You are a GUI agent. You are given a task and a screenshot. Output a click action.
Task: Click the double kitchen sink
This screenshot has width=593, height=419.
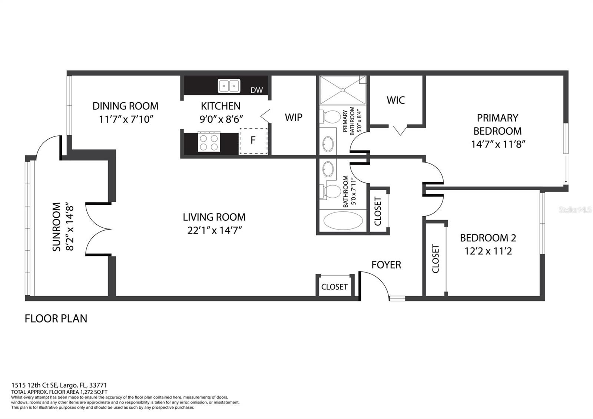229,86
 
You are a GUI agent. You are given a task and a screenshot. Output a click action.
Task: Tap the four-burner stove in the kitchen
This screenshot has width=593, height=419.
209,142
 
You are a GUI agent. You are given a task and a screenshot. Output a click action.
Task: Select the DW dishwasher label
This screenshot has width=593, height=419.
256,90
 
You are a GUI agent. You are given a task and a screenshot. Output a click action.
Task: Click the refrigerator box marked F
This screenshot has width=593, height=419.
254,141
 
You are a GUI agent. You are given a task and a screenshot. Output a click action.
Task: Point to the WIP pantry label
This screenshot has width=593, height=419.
294,117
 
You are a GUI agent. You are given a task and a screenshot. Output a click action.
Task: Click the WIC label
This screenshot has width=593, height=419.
395,100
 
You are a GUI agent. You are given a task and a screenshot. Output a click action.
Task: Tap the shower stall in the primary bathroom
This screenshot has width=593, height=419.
343,90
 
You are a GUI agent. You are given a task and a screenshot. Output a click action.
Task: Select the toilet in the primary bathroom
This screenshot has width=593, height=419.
330,117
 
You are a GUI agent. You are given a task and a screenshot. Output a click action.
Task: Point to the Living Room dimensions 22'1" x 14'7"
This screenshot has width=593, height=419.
215,230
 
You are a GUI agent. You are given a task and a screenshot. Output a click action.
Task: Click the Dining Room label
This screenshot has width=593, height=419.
125,106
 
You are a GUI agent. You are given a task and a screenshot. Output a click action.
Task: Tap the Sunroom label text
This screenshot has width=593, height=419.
56,227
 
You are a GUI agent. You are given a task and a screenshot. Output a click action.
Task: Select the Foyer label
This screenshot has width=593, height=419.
386,265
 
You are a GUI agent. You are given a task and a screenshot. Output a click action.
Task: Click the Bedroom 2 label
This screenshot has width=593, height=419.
488,238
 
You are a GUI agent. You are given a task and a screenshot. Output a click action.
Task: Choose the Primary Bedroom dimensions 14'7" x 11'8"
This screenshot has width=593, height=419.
498,144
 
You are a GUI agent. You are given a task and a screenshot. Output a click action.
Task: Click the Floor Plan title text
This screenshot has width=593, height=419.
56,319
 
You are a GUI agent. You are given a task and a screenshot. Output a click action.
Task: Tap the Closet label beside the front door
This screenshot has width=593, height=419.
334,287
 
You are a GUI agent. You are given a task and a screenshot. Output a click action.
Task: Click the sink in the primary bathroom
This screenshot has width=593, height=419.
328,144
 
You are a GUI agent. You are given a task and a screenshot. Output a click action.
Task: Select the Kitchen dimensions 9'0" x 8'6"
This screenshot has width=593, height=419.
221,119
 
